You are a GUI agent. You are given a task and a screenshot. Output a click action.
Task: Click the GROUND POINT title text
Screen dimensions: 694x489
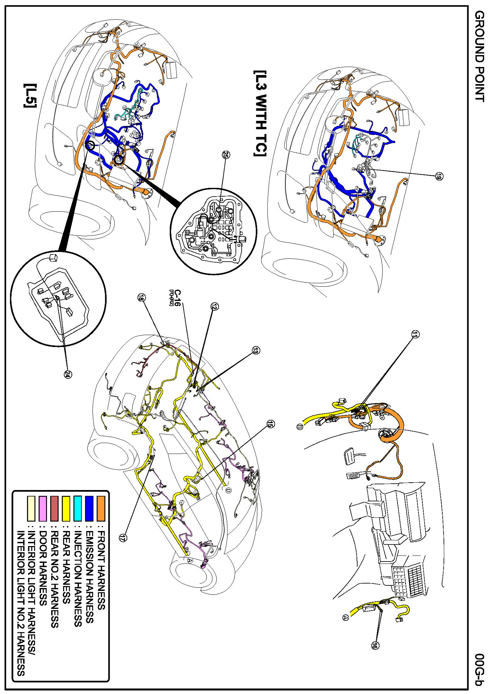pyautogui.click(x=480, y=56)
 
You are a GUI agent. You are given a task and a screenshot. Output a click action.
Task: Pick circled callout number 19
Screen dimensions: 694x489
pyautogui.click(x=439, y=176)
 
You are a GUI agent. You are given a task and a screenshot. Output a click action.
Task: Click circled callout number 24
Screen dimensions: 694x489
pyautogui.click(x=68, y=374)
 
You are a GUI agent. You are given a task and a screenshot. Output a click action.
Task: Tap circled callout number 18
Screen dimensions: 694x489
pyautogui.click(x=141, y=298)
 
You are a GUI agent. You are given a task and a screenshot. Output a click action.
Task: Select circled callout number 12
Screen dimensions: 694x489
pyautogui.click(x=215, y=306)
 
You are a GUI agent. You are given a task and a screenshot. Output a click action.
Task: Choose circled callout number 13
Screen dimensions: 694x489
pyautogui.click(x=256, y=350)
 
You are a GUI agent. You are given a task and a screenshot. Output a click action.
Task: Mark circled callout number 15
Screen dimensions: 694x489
pyautogui.click(x=270, y=424)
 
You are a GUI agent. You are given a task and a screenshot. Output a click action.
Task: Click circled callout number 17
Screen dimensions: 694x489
pyautogui.click(x=122, y=538)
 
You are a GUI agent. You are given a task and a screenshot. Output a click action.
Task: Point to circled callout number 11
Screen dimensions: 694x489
pyautogui.click(x=415, y=334)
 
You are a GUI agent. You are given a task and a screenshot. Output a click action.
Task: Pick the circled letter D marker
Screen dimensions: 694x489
pyautogui.click(x=228, y=490)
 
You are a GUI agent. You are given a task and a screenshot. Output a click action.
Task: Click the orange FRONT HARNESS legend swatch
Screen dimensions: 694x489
pyautogui.click(x=101, y=508)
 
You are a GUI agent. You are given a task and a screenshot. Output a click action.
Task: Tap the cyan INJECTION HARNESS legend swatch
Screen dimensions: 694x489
pyautogui.click(x=77, y=508)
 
